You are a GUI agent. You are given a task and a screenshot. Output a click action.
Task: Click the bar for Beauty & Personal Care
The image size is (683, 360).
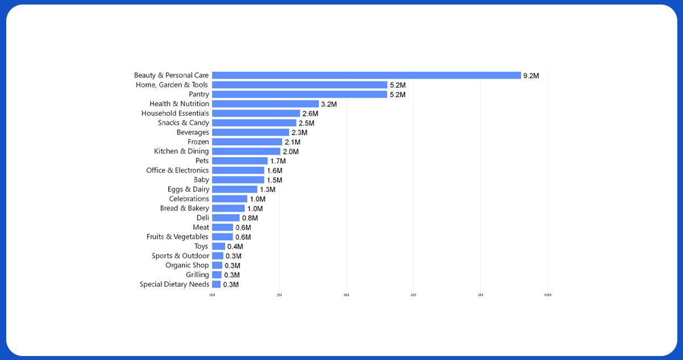367,76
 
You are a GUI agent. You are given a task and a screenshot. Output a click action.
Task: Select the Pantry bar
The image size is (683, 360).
299,94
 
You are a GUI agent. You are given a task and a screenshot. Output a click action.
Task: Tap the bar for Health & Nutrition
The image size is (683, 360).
265,104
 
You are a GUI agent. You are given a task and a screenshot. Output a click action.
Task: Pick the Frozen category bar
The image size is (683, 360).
247,142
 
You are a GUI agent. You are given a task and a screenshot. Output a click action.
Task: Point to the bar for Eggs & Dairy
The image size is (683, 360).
235,189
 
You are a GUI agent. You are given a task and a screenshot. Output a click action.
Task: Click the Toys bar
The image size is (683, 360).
219,246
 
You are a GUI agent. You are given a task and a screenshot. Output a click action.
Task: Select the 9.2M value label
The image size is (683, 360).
531,76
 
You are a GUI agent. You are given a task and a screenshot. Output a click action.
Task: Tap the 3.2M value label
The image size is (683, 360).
329,104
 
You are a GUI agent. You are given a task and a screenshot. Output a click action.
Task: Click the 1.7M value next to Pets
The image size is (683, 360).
278,161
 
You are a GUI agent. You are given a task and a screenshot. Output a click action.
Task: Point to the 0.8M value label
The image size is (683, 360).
250,218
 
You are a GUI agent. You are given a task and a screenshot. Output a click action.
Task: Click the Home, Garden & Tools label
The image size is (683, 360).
172,85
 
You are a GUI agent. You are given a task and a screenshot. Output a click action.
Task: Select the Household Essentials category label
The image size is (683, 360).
175,113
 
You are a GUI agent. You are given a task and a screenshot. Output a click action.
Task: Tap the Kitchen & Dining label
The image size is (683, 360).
181,151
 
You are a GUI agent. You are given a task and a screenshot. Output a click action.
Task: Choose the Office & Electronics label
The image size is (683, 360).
177,170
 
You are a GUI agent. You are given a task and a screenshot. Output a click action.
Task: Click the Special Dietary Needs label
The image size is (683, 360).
174,284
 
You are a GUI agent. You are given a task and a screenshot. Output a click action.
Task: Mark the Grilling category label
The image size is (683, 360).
197,275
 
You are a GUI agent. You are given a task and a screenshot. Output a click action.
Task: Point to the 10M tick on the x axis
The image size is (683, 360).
547,295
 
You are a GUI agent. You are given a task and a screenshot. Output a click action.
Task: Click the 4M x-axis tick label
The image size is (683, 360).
346,295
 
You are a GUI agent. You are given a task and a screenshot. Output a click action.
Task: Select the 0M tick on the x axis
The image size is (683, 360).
212,295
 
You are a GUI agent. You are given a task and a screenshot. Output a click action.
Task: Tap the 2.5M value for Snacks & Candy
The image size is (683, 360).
306,123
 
